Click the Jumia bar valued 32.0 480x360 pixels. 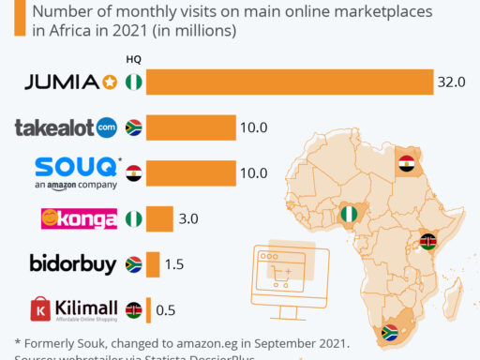pyautogui.click(x=289, y=82)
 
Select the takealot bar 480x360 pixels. pyautogui.click(x=191, y=127)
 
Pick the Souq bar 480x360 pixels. pyautogui.click(x=191, y=172)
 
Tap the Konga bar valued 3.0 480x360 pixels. pyautogui.click(x=159, y=218)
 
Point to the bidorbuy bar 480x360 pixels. pyautogui.click(x=153, y=264)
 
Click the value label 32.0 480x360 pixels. pyautogui.click(x=451, y=82)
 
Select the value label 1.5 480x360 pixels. pyautogui.click(x=174, y=264)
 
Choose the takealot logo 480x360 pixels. pyautogui.click(x=66, y=127)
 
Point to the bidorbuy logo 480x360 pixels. pyautogui.click(x=71, y=264)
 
